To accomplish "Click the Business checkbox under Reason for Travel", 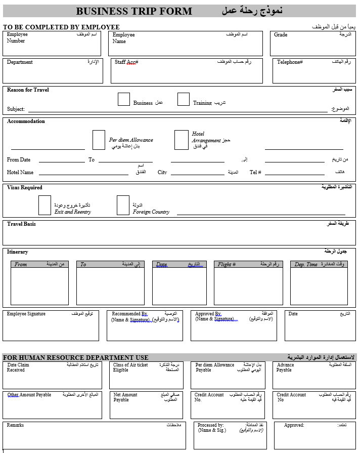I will coord(124,99).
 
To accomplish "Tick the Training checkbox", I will coord(184,99).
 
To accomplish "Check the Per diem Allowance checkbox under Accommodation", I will coord(99,140).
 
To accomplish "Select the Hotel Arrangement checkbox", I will coord(181,140).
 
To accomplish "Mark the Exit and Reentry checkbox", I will coord(44,205).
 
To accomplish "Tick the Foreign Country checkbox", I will coord(123,205).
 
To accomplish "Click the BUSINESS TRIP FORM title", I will coord(134,11).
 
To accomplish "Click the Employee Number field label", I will coord(17,37).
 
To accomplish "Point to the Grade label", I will coord(281,35).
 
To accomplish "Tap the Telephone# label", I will coord(290,62).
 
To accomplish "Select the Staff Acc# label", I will coord(126,62).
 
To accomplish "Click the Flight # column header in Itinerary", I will coord(227,264).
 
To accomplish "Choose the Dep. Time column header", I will coord(306,264).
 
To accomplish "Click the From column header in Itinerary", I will coord(21,264).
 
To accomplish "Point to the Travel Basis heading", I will coord(21,224).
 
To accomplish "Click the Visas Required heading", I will coord(25,187).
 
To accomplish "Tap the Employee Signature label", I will coord(26,314).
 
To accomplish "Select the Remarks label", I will coord(15,425).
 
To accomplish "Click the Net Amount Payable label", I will coord(125,397).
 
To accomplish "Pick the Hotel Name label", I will coord(20,172).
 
